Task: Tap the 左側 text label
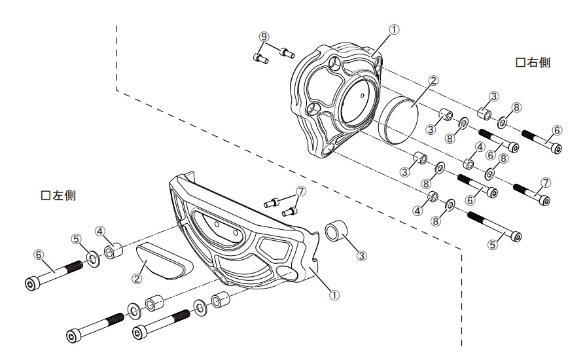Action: click(x=58, y=196)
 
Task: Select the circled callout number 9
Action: click(x=264, y=37)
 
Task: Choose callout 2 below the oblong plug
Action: click(x=137, y=278)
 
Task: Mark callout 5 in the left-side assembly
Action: click(x=77, y=239)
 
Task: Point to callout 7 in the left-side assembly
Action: click(x=300, y=191)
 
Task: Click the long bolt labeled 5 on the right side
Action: click(x=495, y=226)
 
